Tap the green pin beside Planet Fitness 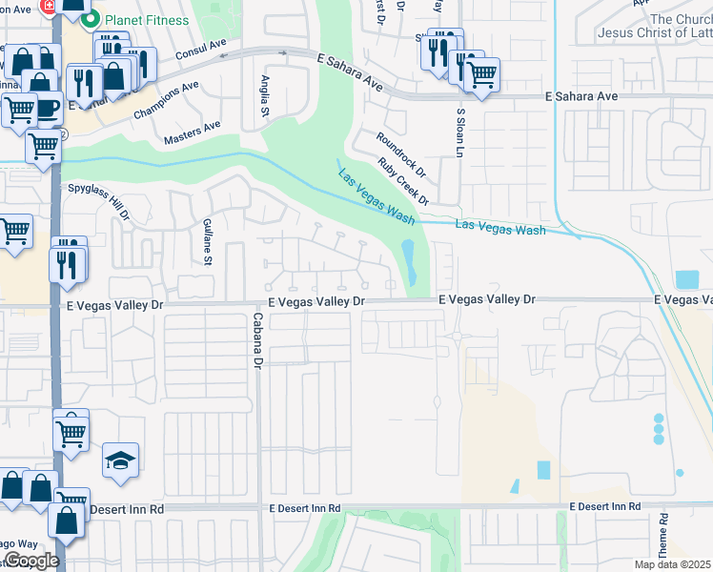click(x=91, y=19)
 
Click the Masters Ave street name click(x=192, y=132)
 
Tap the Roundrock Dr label click(x=401, y=151)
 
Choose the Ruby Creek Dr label click(x=403, y=181)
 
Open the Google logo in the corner click(x=31, y=561)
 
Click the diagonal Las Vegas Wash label click(x=377, y=195)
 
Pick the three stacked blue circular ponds click(x=658, y=429)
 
